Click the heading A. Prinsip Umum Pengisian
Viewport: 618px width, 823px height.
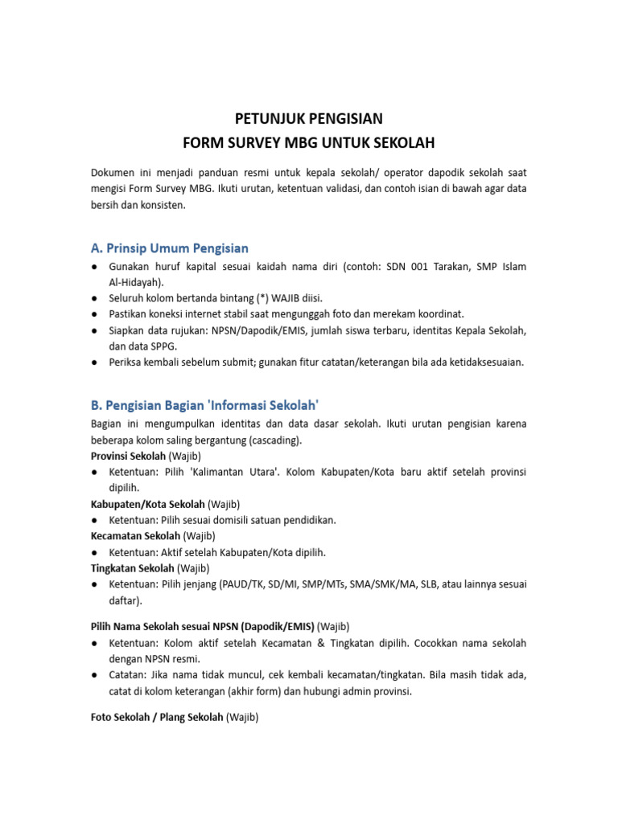(x=169, y=248)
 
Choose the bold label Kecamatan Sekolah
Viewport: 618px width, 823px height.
(x=134, y=535)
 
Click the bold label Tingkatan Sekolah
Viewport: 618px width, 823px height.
(x=132, y=567)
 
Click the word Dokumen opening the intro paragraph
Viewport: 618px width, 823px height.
(x=113, y=173)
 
